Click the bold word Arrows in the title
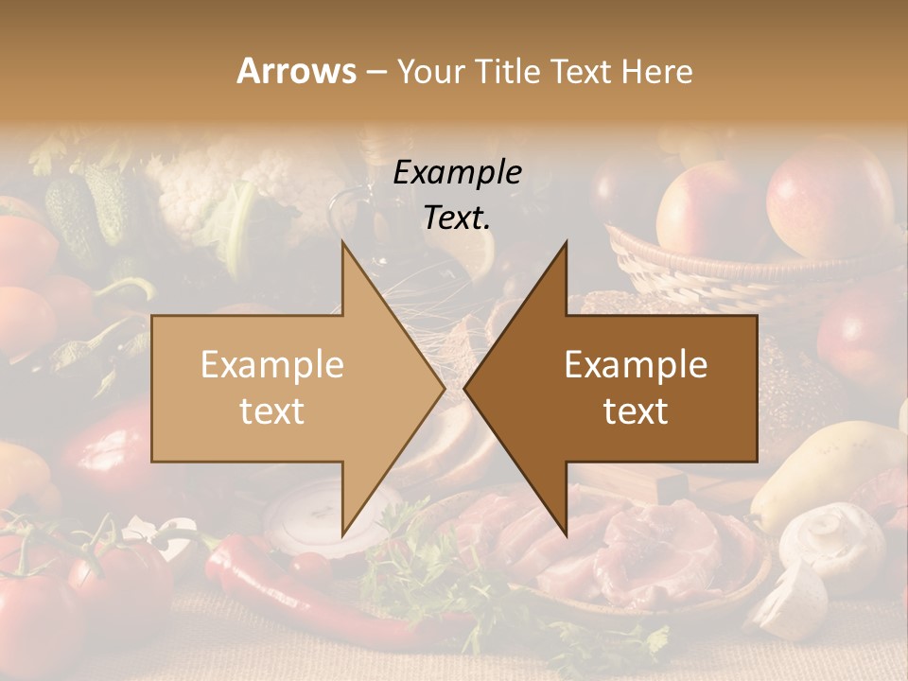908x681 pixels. click(x=296, y=71)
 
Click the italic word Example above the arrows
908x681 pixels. click(x=457, y=173)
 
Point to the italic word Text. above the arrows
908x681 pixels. click(x=457, y=218)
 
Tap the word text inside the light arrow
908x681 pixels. click(x=271, y=411)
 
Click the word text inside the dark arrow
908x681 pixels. click(x=636, y=411)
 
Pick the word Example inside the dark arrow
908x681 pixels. click(x=636, y=365)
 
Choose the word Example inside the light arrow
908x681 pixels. click(x=271, y=365)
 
